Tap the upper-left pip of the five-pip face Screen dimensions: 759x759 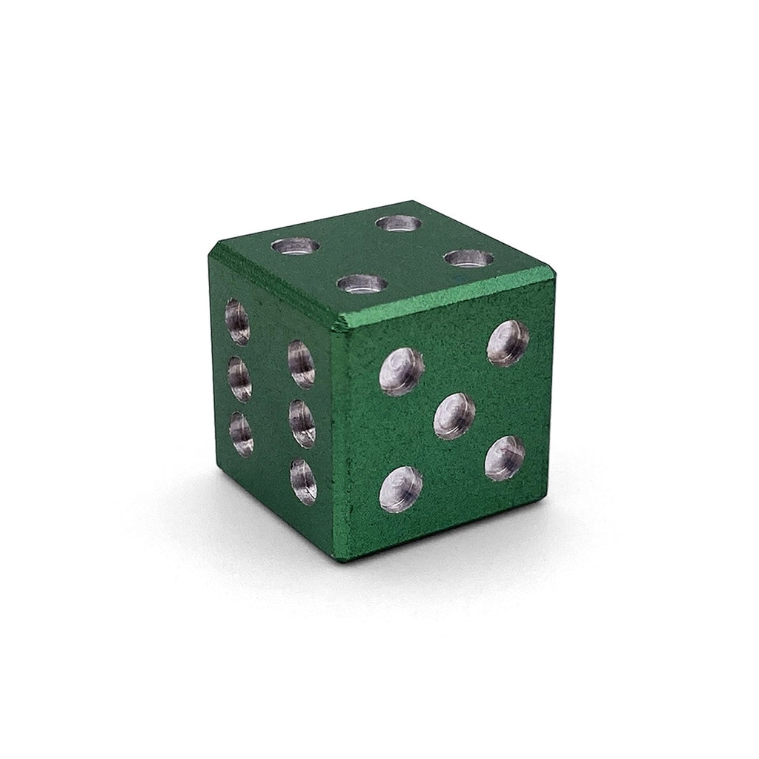(401, 371)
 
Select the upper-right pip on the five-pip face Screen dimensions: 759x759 (508, 343)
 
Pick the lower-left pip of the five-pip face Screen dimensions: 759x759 (401, 489)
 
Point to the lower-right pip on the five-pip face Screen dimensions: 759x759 (505, 458)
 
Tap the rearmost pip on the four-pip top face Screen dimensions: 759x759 (399, 222)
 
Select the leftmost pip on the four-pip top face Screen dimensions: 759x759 (296, 246)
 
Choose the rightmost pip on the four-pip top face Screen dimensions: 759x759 (469, 259)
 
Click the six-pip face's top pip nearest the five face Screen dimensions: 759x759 (301, 364)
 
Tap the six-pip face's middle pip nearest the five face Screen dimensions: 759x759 (302, 423)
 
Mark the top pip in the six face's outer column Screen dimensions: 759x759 (237, 322)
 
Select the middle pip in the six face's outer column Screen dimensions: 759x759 (239, 379)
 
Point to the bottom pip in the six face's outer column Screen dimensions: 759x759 (240, 433)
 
